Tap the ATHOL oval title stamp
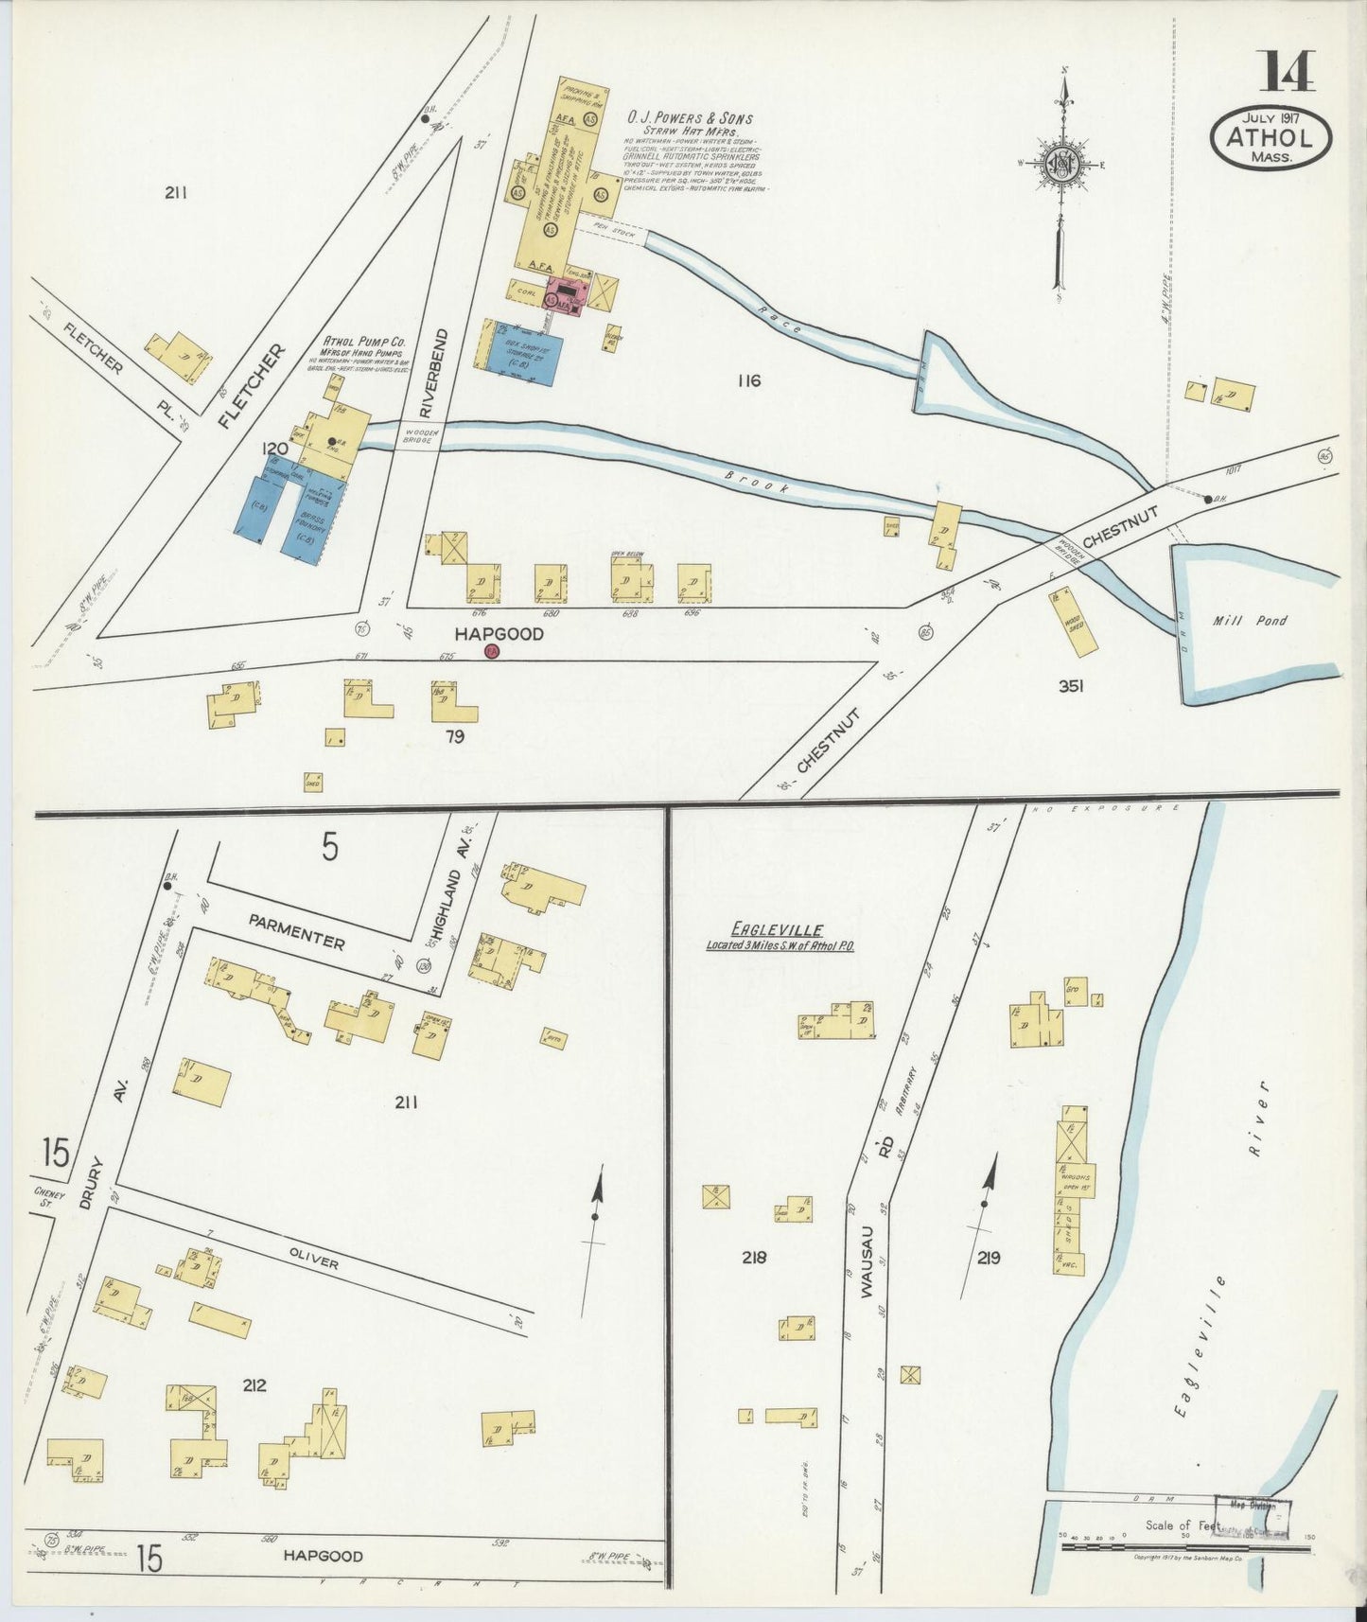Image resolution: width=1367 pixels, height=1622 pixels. pyautogui.click(x=1270, y=137)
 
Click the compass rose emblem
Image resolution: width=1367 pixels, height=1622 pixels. pyautogui.click(x=1062, y=165)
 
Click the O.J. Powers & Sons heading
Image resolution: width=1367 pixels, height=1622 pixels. pyautogui.click(x=690, y=118)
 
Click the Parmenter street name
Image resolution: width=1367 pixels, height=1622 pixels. pyautogui.click(x=298, y=931)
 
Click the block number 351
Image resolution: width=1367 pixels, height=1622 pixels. pyautogui.click(x=1070, y=686)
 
